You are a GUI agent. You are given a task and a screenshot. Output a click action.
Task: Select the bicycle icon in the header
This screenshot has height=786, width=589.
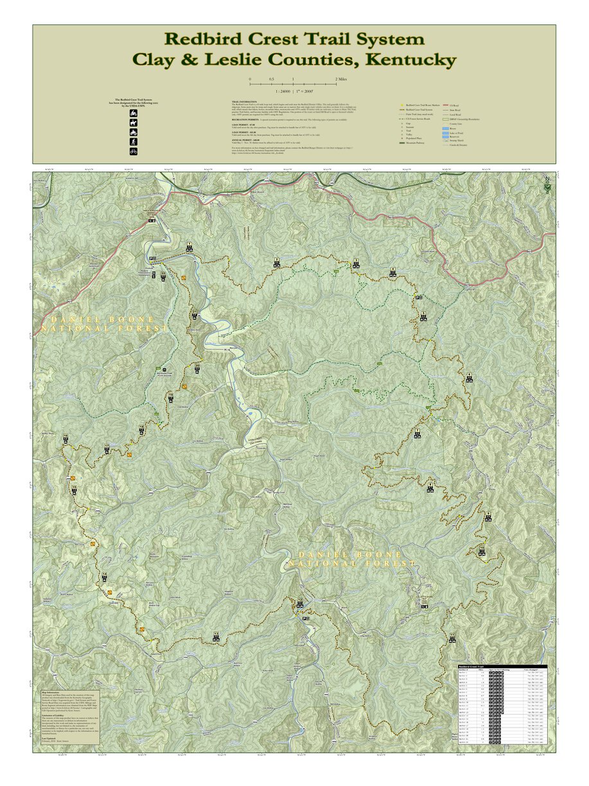pyautogui.click(x=134, y=152)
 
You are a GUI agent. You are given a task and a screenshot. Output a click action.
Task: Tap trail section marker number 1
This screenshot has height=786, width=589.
pyautogui.click(x=189, y=246)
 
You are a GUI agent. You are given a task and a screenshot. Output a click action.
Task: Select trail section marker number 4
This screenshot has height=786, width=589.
pyautogui.click(x=393, y=271)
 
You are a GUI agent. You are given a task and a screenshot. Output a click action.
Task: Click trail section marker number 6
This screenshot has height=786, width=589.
pyautogui.click(x=470, y=377)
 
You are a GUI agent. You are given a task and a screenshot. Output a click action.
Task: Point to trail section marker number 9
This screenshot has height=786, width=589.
pyautogui.click(x=488, y=516)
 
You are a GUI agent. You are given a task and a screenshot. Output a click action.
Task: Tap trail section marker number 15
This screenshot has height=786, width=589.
pyautogui.click(x=75, y=490)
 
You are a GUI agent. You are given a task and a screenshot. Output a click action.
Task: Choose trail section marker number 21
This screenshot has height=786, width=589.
pyautogui.click(x=195, y=314)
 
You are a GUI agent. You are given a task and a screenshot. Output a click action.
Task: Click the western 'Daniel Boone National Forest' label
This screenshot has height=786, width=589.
pyautogui.click(x=104, y=324)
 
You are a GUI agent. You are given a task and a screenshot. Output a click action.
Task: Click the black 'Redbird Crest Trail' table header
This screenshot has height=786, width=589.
pyautogui.click(x=502, y=667)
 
